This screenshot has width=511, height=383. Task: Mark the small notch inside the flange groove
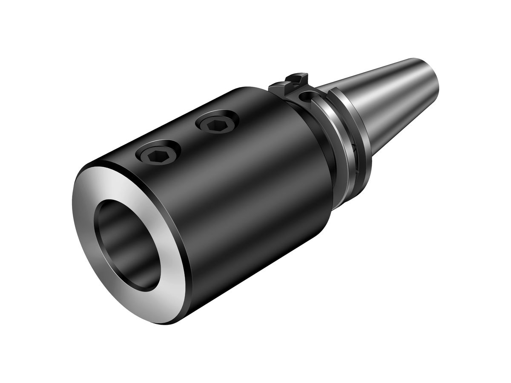(353, 149)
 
